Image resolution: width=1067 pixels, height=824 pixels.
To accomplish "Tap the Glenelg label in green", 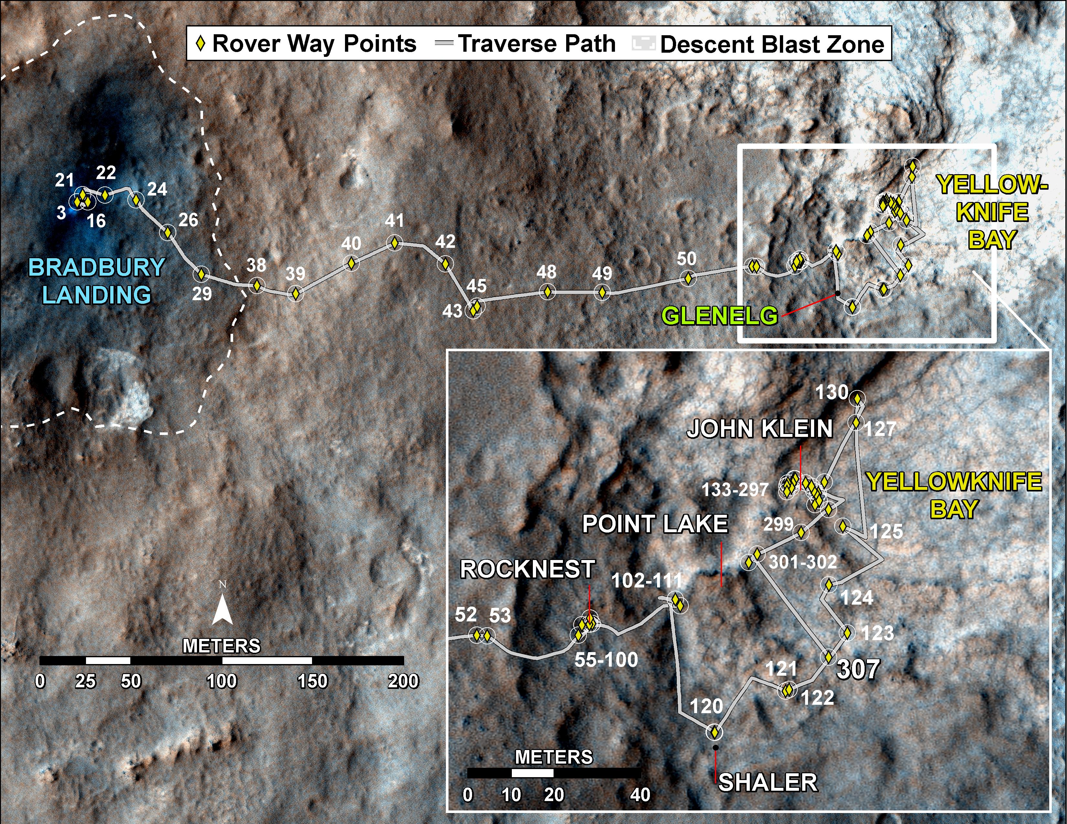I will coord(720,316).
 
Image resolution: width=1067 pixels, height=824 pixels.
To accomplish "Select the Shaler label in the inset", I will coord(768,783).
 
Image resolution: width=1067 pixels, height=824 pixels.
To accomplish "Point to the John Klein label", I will coord(760,429).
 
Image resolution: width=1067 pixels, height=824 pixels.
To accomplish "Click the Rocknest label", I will coord(528,569).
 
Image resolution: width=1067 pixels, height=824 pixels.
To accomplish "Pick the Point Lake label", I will coord(655,524).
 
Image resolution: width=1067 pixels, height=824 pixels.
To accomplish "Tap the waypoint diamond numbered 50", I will coord(688,278).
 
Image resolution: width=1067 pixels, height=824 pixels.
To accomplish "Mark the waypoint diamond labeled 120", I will coord(714,732).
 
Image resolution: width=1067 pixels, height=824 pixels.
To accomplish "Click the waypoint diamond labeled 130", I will coord(857,398).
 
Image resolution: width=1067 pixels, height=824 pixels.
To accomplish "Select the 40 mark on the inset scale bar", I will coord(640,795).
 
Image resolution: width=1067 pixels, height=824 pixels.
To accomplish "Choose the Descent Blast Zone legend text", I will coord(772,44).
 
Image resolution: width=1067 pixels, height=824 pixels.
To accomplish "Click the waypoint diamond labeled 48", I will coord(548,291).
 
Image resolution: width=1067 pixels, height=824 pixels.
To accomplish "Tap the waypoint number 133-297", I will coord(735,490).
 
